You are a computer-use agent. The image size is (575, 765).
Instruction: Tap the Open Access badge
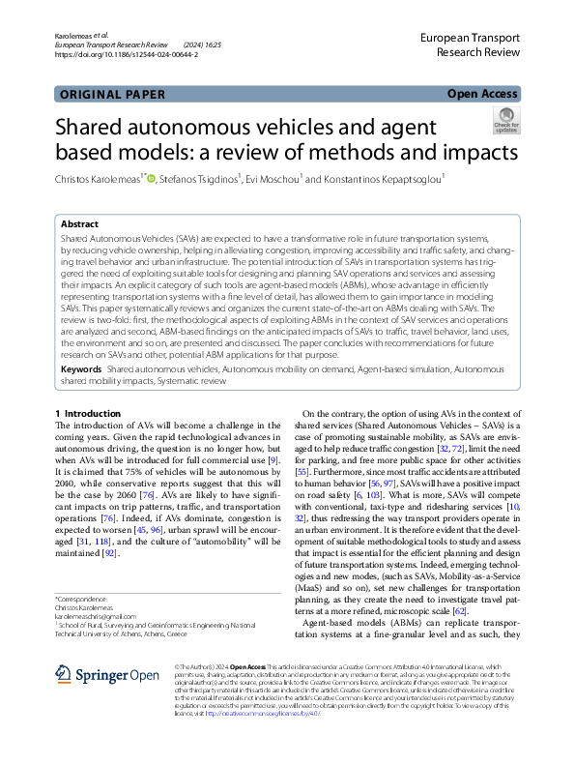482,95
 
